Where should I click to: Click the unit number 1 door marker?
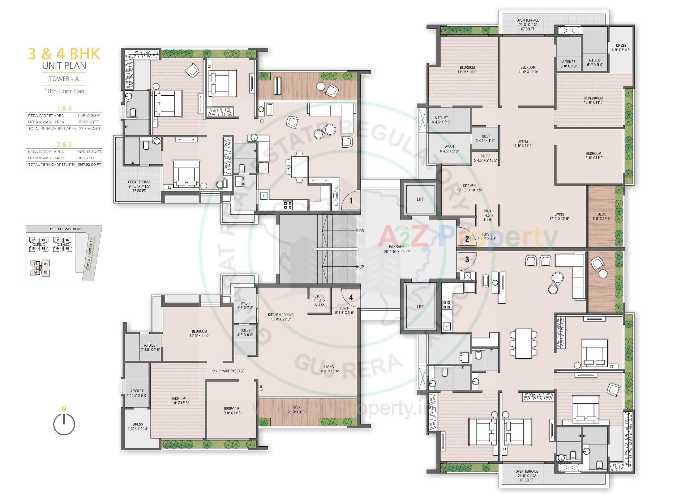click(350, 200)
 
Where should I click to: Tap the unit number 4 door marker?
click(351, 297)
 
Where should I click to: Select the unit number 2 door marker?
click(467, 239)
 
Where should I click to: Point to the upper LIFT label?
click(420, 199)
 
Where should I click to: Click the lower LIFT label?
click(420, 307)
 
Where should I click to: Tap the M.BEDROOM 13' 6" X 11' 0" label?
click(594, 100)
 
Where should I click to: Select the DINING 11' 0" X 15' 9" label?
click(522, 143)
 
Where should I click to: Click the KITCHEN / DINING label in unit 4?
click(280, 317)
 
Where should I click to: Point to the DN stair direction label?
click(361, 231)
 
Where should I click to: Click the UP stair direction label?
click(361, 267)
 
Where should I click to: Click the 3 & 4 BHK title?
click(64, 54)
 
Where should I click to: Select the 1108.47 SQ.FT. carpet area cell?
click(89, 115)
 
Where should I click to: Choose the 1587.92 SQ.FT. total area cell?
click(89, 164)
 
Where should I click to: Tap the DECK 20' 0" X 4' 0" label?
click(296, 410)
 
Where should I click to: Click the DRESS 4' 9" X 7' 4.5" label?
click(621, 48)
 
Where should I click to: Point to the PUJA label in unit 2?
click(488, 215)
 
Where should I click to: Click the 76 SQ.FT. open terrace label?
click(139, 191)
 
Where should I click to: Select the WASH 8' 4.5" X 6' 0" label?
click(449, 149)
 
